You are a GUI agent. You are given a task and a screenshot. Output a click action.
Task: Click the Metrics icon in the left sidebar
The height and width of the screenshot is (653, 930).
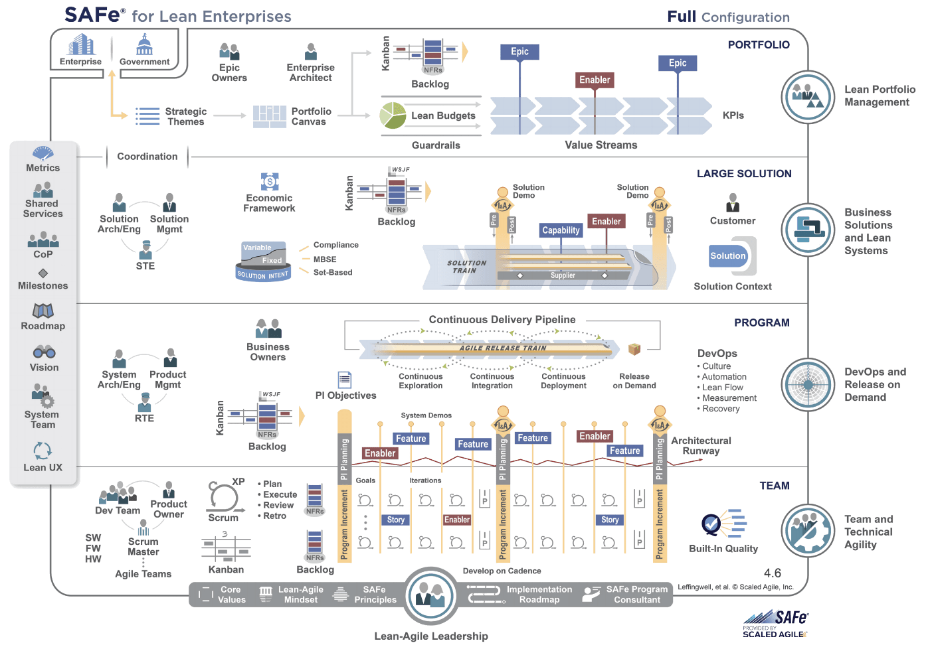pos(43,154)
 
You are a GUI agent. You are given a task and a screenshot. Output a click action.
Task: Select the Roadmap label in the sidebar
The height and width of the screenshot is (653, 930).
pos(43,326)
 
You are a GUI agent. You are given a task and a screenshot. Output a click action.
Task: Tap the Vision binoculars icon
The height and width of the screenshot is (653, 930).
pos(44,352)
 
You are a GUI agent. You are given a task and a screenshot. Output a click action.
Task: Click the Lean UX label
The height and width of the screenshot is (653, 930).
pos(43,467)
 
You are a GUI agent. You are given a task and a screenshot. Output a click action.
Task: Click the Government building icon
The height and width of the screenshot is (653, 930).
pos(144,45)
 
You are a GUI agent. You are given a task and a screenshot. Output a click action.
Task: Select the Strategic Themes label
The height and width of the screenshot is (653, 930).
pos(186,117)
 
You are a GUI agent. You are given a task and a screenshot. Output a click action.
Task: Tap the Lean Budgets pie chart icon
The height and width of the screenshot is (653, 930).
pos(393,115)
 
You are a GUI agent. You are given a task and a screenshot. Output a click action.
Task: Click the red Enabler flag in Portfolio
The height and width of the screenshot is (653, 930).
pos(594,80)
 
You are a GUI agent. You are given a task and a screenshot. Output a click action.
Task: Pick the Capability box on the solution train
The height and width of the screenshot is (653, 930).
pos(561,230)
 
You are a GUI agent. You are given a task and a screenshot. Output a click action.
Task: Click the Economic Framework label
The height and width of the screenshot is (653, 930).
pos(270,203)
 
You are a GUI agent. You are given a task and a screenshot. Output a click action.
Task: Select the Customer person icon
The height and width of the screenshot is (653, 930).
pos(733,202)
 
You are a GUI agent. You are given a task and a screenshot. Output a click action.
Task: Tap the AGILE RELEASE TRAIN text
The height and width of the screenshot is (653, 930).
pos(503,348)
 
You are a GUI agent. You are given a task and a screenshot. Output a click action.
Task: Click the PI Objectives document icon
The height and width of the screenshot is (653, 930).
pos(344,380)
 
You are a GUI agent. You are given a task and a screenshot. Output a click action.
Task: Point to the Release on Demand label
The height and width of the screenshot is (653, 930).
pos(634,380)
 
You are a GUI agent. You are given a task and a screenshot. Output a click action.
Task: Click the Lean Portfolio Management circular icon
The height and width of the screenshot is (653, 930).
pos(808,97)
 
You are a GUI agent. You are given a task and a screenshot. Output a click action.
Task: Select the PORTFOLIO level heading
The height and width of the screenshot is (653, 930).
pos(759,45)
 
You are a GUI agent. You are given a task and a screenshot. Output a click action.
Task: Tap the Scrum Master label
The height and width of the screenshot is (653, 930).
pos(143,546)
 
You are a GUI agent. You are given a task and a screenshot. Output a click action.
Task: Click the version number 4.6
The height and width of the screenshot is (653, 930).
pos(772,573)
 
